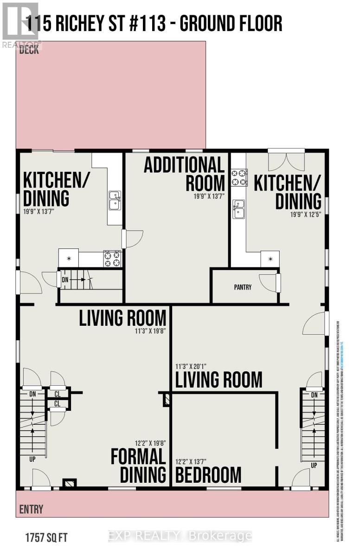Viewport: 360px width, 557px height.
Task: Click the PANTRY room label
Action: pyautogui.click(x=243, y=287)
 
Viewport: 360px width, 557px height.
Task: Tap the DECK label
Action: pyautogui.click(x=29, y=50)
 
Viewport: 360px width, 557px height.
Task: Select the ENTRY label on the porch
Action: pyautogui.click(x=31, y=509)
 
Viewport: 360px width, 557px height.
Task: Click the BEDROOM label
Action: pyautogui.click(x=208, y=475)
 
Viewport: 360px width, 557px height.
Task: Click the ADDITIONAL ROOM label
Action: pyautogui.click(x=184, y=174)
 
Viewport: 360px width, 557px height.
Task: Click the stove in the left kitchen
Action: pyautogui.click(x=112, y=259)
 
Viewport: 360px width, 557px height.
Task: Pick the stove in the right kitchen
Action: pyautogui.click(x=238, y=177)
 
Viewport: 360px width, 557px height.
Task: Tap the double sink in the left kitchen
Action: pyautogui.click(x=115, y=201)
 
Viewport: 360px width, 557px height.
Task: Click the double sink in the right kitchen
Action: pyautogui.click(x=238, y=209)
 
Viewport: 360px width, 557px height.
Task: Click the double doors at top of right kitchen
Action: pyautogui.click(x=286, y=161)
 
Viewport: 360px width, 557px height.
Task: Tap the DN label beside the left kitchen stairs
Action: pyautogui.click(x=65, y=280)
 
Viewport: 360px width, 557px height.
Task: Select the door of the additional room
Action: pyautogui.click(x=133, y=239)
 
